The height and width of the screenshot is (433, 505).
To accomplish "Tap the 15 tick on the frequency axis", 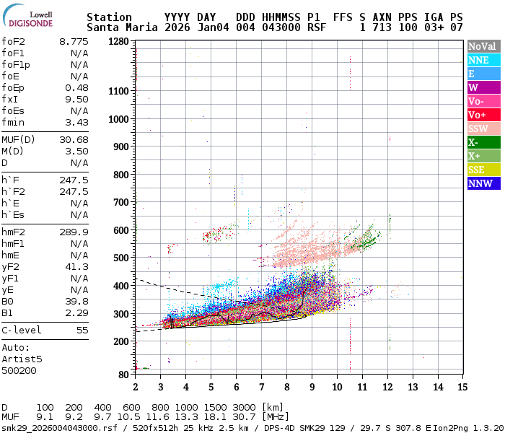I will point(462,388).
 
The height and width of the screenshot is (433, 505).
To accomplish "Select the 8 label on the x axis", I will point(286,388).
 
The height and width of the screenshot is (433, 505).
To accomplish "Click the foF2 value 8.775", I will point(74,41).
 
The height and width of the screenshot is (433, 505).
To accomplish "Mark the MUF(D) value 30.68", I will point(74,139).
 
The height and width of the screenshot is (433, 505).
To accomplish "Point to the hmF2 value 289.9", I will point(74,232).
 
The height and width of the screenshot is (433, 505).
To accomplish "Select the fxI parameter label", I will point(9,99).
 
